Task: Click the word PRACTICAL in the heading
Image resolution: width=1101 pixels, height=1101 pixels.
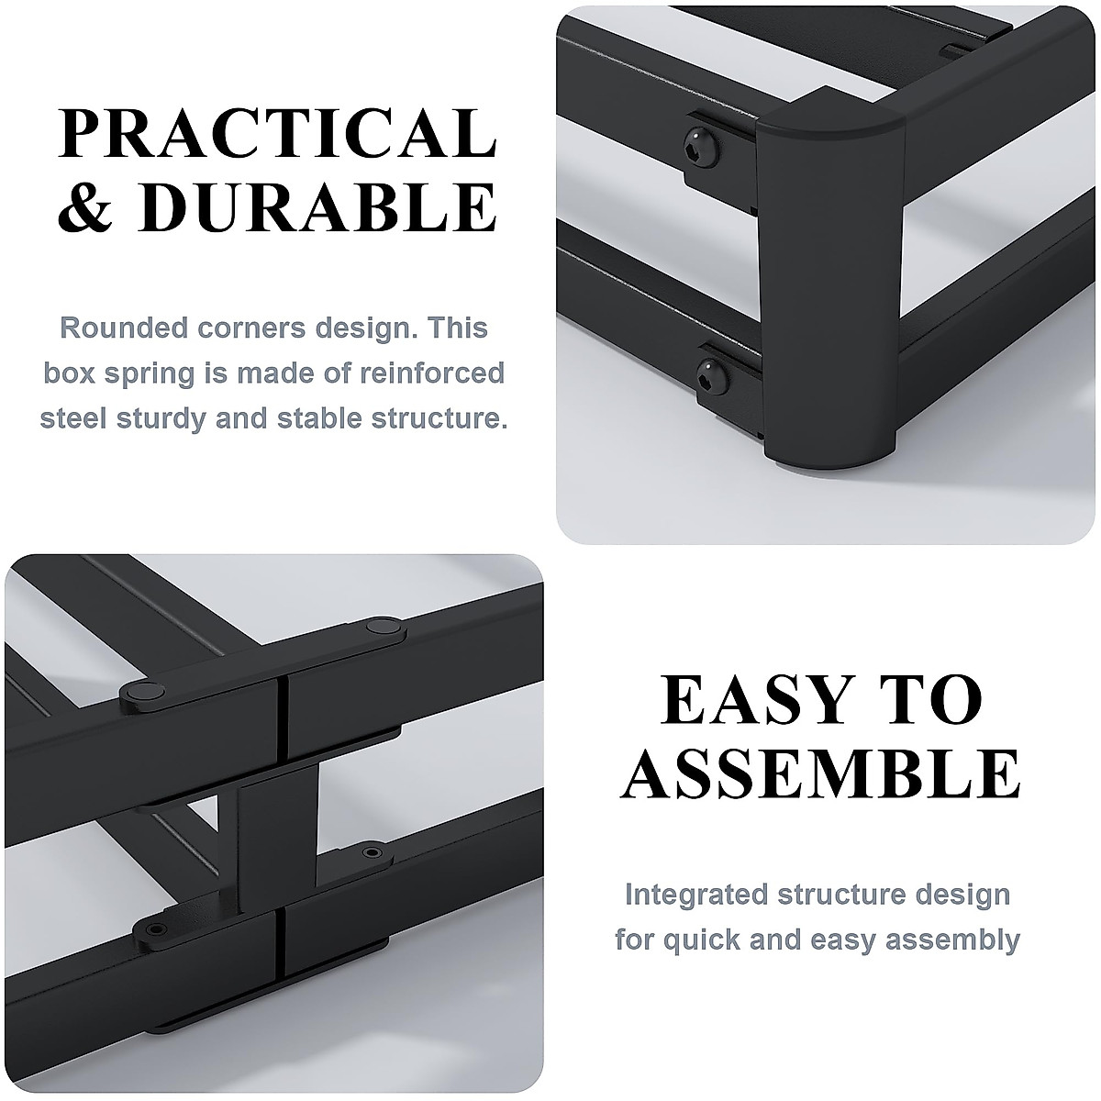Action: [278, 135]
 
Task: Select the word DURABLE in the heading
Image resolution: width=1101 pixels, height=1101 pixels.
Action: [318, 208]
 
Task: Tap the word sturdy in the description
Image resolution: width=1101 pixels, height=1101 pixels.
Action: [172, 418]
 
